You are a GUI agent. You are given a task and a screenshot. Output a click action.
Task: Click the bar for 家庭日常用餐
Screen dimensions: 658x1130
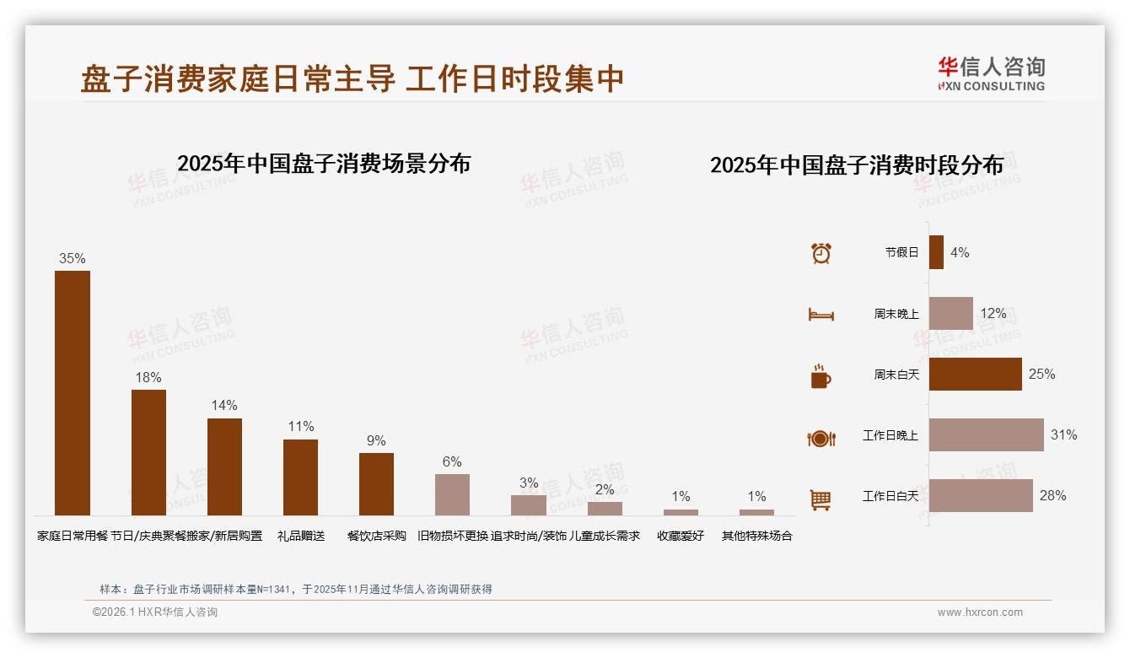73,392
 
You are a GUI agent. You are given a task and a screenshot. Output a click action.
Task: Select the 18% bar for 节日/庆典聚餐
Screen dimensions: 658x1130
148,452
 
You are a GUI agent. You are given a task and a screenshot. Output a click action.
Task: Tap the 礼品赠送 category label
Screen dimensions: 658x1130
301,536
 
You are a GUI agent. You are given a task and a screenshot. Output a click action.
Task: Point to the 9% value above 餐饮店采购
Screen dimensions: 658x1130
376,441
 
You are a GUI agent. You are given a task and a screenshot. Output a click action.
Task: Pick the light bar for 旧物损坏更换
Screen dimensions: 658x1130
452,494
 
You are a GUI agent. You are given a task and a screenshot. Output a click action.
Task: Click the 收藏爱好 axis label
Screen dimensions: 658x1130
681,536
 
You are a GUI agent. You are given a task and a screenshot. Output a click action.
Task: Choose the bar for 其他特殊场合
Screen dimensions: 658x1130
756,512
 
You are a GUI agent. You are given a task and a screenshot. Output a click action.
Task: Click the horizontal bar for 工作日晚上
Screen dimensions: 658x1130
986,435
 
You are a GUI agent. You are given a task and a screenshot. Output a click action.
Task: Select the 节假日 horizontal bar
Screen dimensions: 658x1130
936,252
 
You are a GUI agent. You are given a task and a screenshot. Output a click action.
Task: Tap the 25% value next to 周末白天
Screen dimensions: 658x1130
1041,374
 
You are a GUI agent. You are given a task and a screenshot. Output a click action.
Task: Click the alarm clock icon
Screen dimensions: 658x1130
821,252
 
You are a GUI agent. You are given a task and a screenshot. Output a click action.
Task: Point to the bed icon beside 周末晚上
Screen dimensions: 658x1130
821,314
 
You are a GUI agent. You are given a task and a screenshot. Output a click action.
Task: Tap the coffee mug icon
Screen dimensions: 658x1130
821,376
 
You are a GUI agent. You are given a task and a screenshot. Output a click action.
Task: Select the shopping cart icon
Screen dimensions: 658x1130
821,499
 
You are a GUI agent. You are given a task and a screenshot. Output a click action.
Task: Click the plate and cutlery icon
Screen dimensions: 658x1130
821,438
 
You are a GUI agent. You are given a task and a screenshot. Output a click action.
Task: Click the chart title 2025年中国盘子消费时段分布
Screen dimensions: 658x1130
856,165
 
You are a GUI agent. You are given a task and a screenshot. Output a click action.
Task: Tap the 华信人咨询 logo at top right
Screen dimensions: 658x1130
991,73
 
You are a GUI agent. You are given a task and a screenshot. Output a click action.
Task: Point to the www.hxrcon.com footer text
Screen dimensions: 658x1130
980,612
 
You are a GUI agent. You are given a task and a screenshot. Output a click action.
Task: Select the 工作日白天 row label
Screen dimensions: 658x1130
890,496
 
